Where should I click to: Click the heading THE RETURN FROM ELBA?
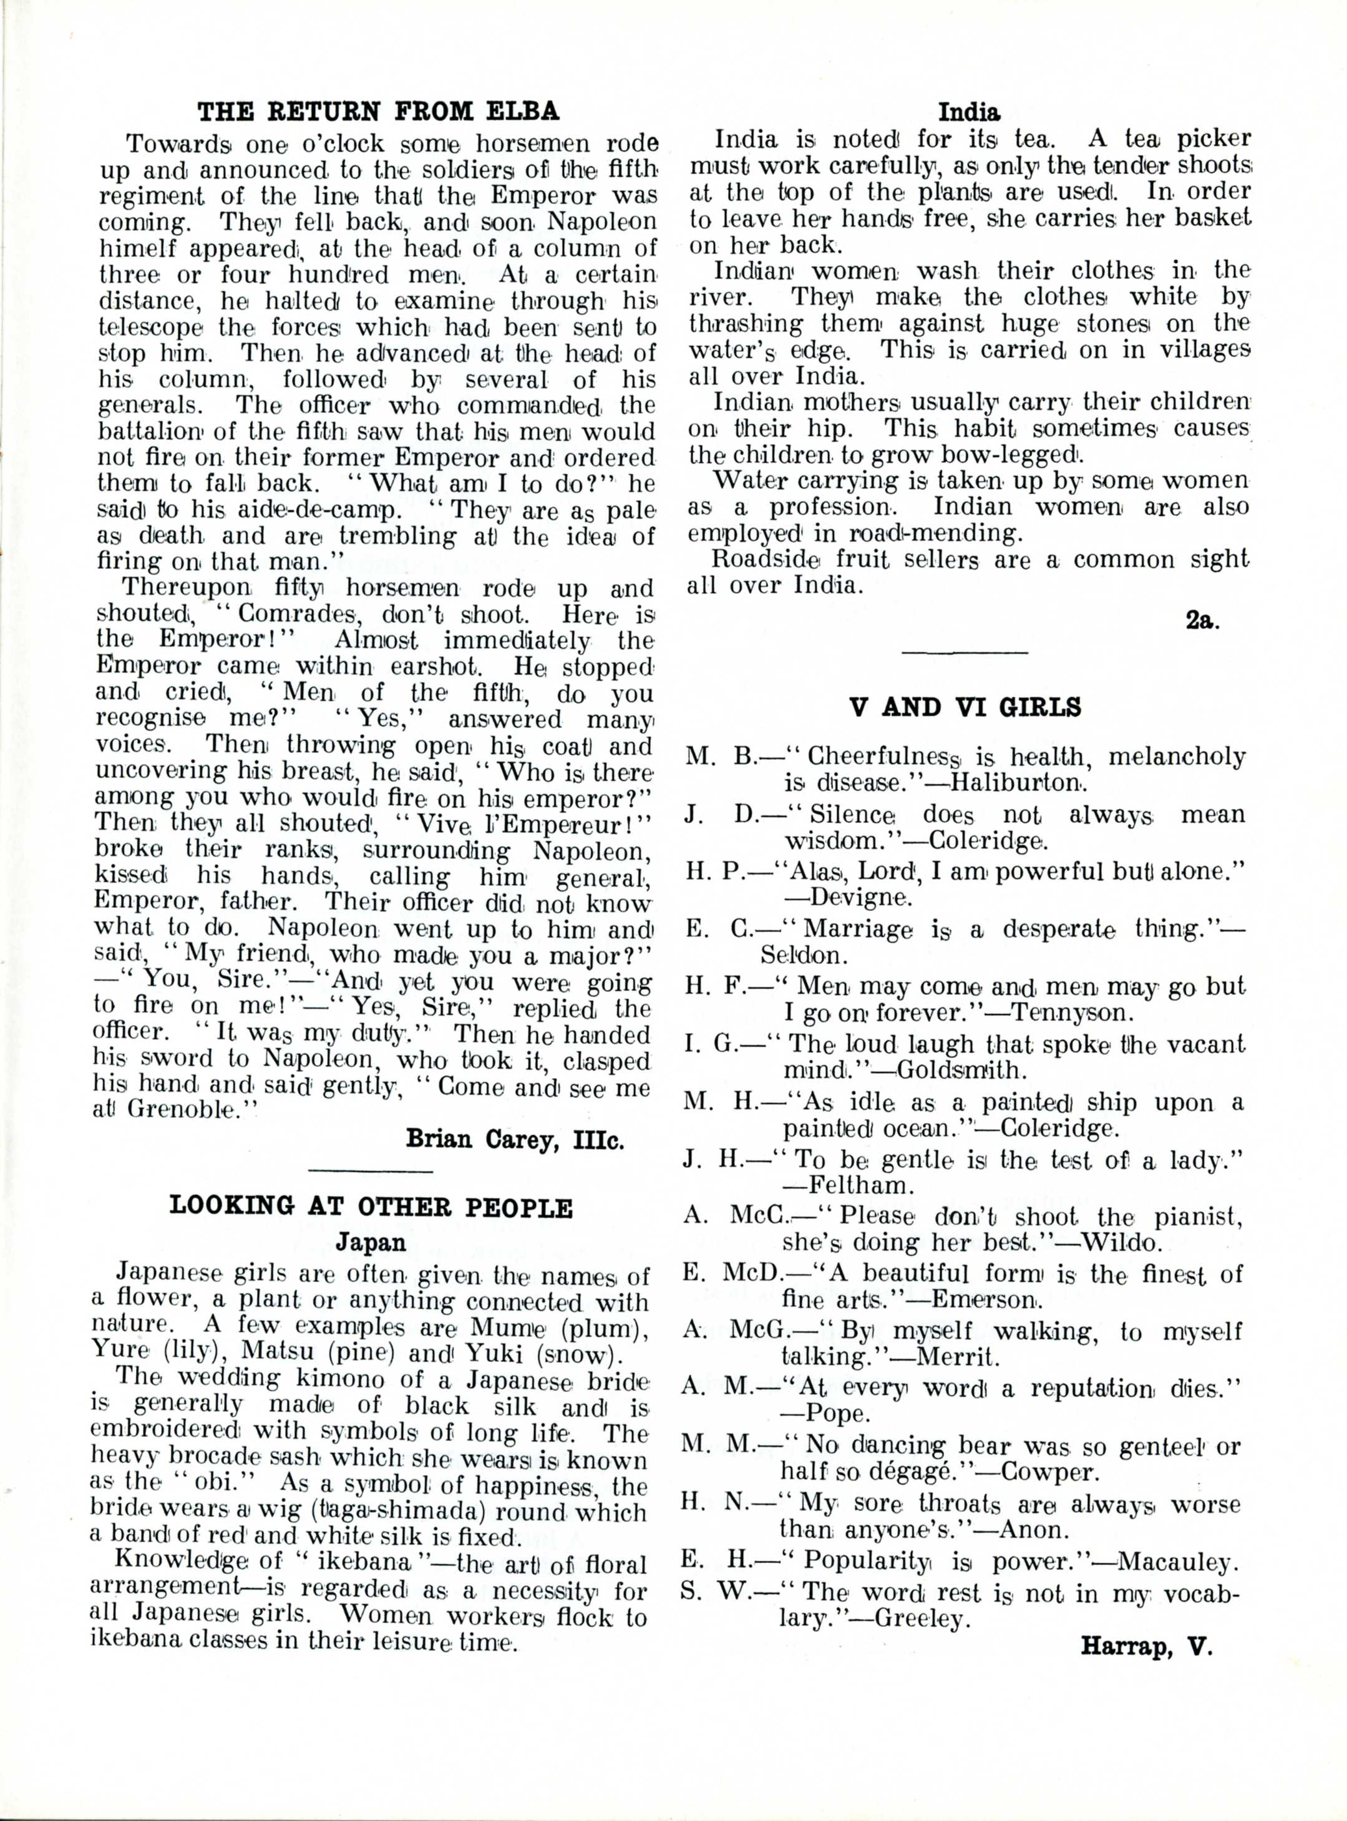click(380, 111)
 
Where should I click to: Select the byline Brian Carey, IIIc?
click(515, 1139)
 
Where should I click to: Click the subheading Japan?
click(371, 1242)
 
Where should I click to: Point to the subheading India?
click(969, 111)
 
